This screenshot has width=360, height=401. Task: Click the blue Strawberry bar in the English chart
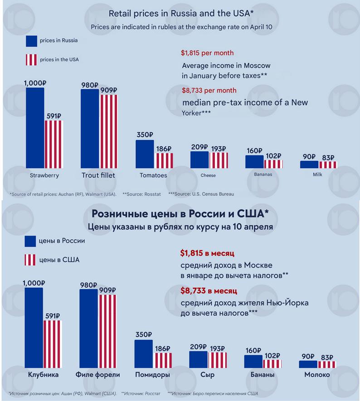35,128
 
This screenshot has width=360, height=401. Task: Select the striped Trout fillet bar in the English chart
109,131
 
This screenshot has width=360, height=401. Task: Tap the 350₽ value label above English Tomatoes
145,135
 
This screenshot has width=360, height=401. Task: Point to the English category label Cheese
208,175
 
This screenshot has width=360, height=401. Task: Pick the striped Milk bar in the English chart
328,164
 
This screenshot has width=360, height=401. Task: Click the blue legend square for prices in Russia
31,41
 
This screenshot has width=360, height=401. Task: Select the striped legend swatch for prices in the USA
31,60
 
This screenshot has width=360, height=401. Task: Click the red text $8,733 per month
209,90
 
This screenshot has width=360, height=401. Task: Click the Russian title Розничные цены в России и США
179,213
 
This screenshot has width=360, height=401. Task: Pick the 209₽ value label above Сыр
198,348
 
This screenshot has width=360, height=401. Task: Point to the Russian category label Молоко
317,375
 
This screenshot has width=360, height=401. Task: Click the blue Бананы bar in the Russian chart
253,361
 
